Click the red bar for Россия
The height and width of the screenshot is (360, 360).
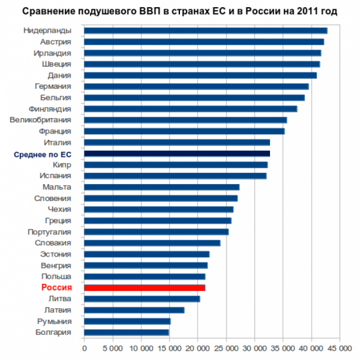(x=144, y=288)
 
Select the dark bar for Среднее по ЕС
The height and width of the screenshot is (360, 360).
(x=177, y=154)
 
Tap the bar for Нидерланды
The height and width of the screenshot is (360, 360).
(x=206, y=30)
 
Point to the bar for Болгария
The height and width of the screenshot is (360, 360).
(x=126, y=333)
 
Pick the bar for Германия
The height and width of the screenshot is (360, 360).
(x=196, y=86)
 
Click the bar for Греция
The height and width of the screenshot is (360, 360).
(x=157, y=221)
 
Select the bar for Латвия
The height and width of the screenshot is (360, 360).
(x=134, y=310)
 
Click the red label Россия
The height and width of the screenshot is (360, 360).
(x=56, y=288)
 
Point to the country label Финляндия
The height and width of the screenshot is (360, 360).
(x=50, y=108)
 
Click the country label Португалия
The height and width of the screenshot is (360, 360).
(x=49, y=232)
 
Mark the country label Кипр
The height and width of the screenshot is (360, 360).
(x=62, y=165)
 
